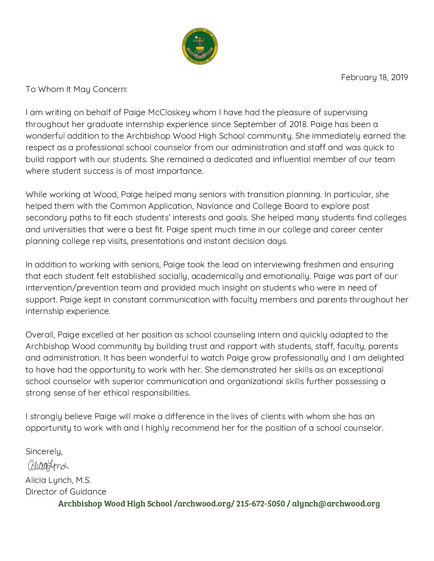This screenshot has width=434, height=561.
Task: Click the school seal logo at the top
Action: click(200, 46)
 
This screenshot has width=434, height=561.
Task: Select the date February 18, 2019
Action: click(374, 77)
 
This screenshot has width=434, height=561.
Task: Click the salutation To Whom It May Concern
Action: click(76, 89)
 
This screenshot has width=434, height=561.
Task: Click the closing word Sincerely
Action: click(44, 451)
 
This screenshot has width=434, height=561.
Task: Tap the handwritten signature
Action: click(48, 465)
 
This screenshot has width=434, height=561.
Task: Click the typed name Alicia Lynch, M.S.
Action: click(58, 480)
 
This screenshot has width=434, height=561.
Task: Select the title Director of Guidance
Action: click(66, 492)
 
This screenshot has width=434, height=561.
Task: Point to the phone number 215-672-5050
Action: click(260, 504)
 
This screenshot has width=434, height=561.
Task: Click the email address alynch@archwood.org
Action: click(336, 504)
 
